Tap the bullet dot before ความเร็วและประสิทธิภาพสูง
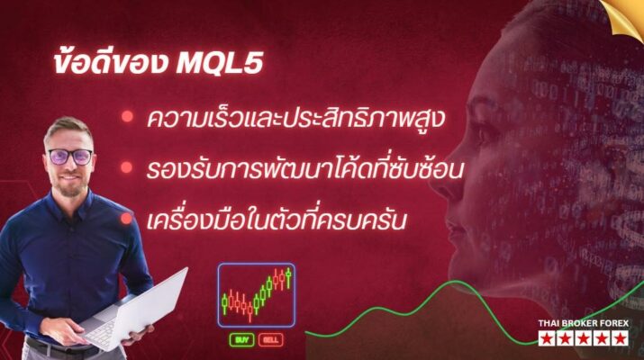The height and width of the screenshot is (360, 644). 128,117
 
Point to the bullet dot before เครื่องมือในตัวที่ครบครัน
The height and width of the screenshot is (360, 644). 128,218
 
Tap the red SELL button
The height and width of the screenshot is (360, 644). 270,340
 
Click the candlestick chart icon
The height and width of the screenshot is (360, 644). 257,293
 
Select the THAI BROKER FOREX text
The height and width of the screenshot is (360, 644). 585,323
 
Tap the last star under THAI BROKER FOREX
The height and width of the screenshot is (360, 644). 620,338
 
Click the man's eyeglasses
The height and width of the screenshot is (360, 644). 70,155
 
